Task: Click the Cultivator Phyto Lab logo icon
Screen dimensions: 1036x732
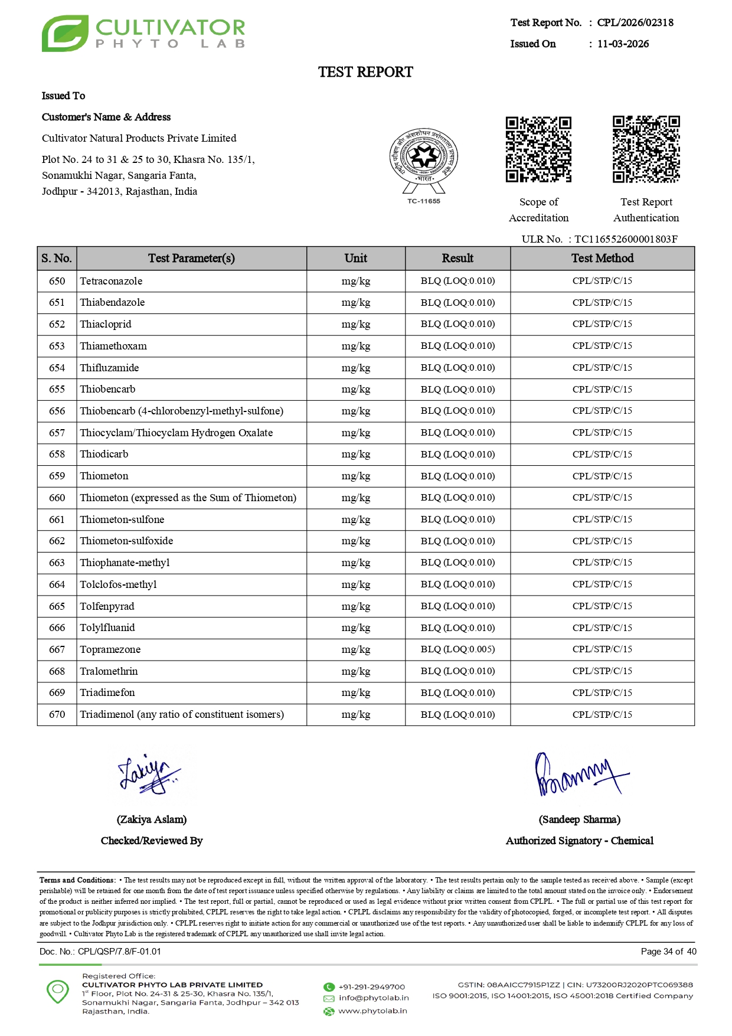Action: pos(65,34)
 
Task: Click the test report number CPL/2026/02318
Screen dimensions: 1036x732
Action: pos(635,22)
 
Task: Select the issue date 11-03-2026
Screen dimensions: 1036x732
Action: pos(623,44)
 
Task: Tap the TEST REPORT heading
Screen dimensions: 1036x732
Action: pos(365,72)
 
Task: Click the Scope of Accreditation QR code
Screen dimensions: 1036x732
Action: pos(538,149)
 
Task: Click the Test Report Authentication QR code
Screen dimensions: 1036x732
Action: pos(646,149)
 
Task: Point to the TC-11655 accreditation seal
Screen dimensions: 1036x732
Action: pos(423,161)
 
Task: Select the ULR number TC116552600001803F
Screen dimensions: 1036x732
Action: pos(626,239)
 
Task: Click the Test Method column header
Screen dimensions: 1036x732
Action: pos(602,258)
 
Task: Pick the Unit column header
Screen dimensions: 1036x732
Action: pos(355,258)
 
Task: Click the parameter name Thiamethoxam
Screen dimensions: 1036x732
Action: pos(113,346)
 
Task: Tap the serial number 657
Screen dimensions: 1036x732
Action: pos(57,433)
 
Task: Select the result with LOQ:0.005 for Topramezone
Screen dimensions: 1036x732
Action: pos(457,649)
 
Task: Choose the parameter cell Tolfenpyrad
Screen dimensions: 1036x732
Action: pos(107,606)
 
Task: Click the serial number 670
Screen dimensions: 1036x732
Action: pos(57,714)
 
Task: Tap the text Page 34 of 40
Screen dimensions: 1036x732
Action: pos(668,952)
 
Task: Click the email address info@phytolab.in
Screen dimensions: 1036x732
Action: pos(374,998)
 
